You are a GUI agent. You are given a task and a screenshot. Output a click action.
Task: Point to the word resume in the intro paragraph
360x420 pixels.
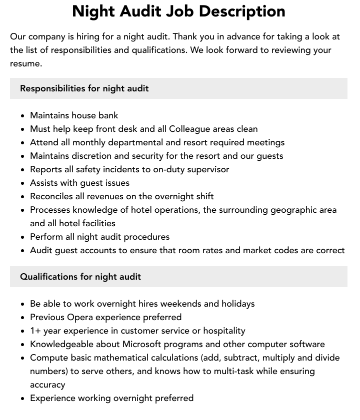click(25, 63)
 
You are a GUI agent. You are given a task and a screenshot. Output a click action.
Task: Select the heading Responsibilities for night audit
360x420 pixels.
click(84, 88)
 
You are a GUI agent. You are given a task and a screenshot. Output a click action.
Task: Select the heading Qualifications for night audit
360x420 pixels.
click(80, 277)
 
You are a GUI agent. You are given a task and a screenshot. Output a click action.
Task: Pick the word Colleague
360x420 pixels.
click(189, 129)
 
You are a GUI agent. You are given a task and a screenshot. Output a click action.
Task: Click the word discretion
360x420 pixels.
click(95, 156)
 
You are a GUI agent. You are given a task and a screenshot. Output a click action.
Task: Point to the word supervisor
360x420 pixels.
click(207, 169)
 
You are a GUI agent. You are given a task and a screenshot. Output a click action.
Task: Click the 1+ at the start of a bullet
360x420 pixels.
click(36, 331)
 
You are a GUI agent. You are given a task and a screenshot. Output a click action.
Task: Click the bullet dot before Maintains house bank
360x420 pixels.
click(22, 116)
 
